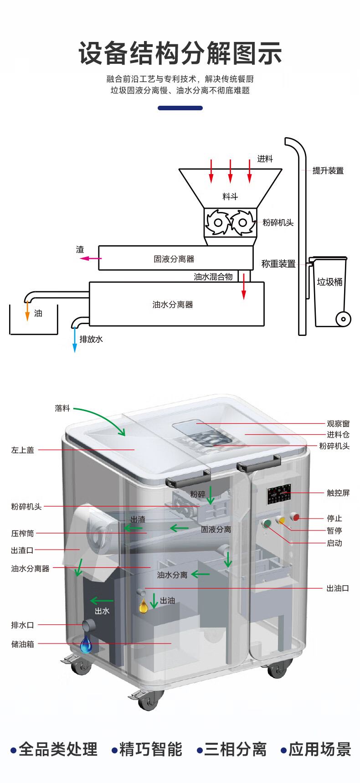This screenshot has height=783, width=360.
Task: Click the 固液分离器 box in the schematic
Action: click(175, 258)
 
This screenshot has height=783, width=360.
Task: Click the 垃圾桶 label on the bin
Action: click(329, 282)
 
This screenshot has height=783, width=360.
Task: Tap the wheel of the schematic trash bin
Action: click(343, 319)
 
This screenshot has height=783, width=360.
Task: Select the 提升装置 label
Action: click(328, 170)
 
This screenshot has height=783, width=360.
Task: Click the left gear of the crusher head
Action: click(218, 222)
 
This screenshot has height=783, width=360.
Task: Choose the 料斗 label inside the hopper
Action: click(230, 196)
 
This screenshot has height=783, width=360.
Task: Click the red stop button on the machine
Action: click(296, 517)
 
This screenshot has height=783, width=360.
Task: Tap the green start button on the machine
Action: click(267, 523)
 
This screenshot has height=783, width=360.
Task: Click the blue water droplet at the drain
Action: click(86, 645)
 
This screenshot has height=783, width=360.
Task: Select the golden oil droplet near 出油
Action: click(144, 606)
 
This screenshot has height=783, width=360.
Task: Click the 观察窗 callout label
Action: click(338, 423)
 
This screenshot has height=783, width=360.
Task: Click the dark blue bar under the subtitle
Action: click(180, 108)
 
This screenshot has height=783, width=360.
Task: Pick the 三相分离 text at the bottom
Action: click(235, 749)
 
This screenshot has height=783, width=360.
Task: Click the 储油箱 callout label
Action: click(22, 644)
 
